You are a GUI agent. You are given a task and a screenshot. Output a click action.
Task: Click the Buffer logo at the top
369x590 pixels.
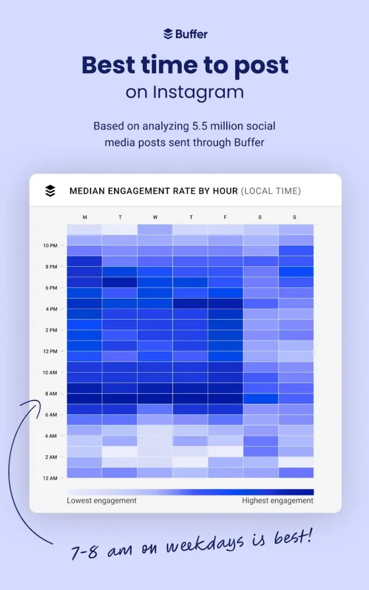(x=184, y=34)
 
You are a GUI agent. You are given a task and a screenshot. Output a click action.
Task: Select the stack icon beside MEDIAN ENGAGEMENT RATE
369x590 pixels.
(x=50, y=191)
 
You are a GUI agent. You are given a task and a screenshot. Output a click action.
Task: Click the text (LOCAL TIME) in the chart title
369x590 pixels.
(x=270, y=191)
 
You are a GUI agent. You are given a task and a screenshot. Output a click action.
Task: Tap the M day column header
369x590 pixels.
(x=85, y=217)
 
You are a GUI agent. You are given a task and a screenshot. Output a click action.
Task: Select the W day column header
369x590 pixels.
(x=155, y=217)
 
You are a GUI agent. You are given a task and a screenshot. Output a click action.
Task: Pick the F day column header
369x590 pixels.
(x=225, y=217)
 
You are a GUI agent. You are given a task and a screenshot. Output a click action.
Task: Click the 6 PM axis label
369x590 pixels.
(x=51, y=288)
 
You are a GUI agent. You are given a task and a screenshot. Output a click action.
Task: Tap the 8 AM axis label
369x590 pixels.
(x=51, y=394)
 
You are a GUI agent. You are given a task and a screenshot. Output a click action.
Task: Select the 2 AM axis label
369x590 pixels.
(x=51, y=457)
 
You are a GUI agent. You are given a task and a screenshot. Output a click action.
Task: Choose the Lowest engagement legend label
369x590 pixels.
(x=101, y=501)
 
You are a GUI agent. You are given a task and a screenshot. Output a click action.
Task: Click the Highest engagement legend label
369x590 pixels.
(x=278, y=501)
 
